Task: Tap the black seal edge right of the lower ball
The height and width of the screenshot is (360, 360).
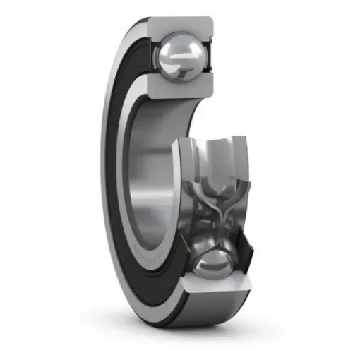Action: pos(244,261)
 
